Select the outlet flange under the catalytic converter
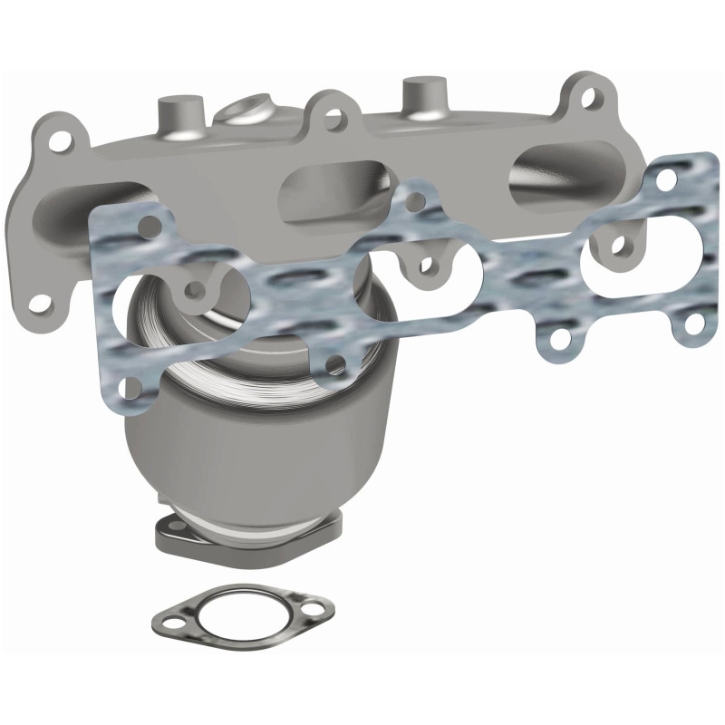249,535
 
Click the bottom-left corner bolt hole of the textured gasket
130,385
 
